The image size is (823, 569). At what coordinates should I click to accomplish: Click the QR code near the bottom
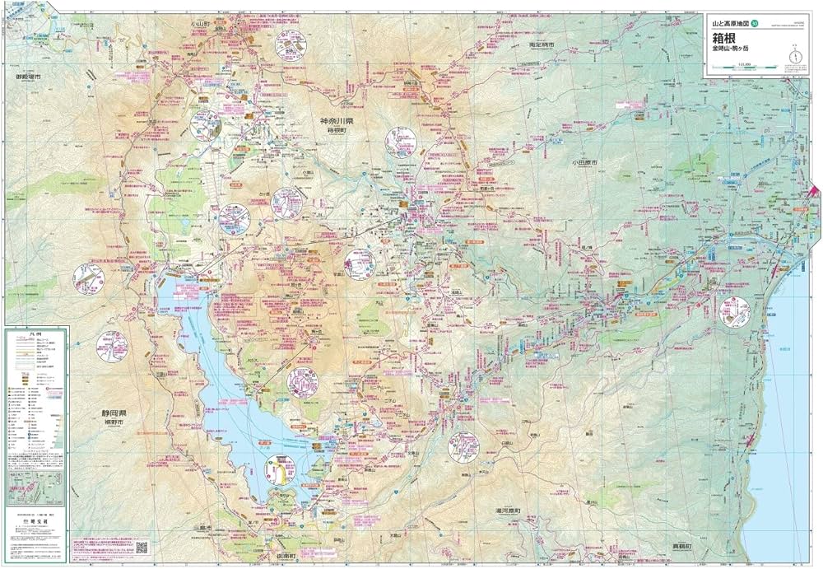click(x=142, y=548)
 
